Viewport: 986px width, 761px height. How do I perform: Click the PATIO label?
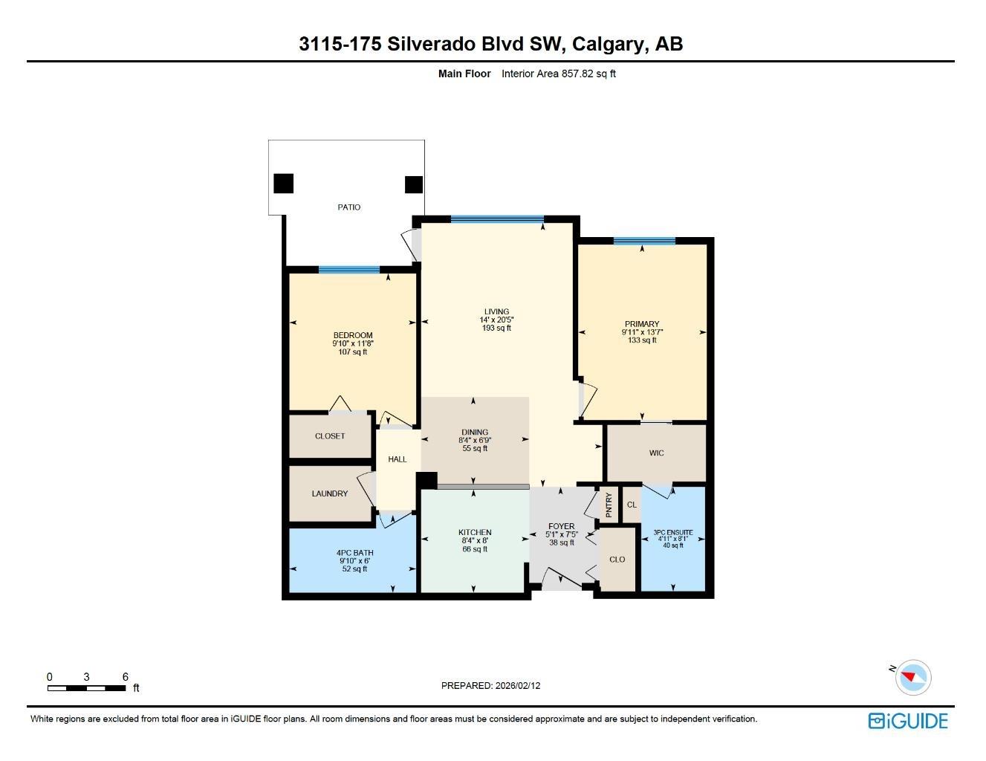(x=348, y=207)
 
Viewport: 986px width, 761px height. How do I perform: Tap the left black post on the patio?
(x=283, y=184)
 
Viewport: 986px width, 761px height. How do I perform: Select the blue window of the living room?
(x=497, y=220)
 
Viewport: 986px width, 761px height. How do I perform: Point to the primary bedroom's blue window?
(x=644, y=241)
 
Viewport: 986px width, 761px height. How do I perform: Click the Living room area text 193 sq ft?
(x=496, y=328)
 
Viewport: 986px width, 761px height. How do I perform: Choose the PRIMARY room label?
(x=641, y=324)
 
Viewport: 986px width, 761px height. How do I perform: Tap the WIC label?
(x=656, y=453)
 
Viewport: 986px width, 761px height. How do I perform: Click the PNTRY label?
(x=609, y=505)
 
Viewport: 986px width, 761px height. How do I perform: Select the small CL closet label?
(x=632, y=505)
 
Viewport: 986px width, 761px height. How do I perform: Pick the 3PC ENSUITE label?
(x=673, y=532)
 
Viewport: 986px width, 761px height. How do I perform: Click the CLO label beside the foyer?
(x=617, y=560)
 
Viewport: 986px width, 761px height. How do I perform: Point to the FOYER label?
(x=561, y=526)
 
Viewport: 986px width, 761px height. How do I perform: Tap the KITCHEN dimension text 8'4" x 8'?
(x=475, y=540)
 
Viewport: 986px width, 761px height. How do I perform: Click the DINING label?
(x=475, y=432)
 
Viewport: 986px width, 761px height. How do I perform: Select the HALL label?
(x=397, y=459)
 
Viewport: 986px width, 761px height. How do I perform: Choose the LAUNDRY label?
(x=329, y=493)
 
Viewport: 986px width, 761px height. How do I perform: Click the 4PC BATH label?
(x=355, y=553)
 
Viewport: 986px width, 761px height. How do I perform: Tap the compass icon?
(x=912, y=678)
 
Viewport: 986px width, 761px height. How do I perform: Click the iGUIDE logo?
(x=908, y=721)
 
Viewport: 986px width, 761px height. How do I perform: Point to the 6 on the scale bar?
(x=126, y=677)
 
